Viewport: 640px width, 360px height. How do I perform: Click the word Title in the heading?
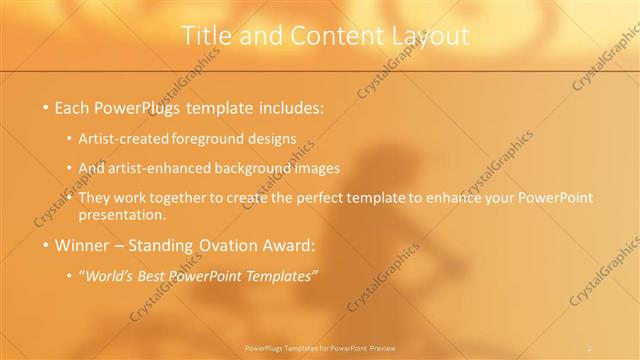[x=206, y=35]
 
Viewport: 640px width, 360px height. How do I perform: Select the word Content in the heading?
[x=323, y=35]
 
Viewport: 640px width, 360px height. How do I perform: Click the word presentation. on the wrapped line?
[x=127, y=215]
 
